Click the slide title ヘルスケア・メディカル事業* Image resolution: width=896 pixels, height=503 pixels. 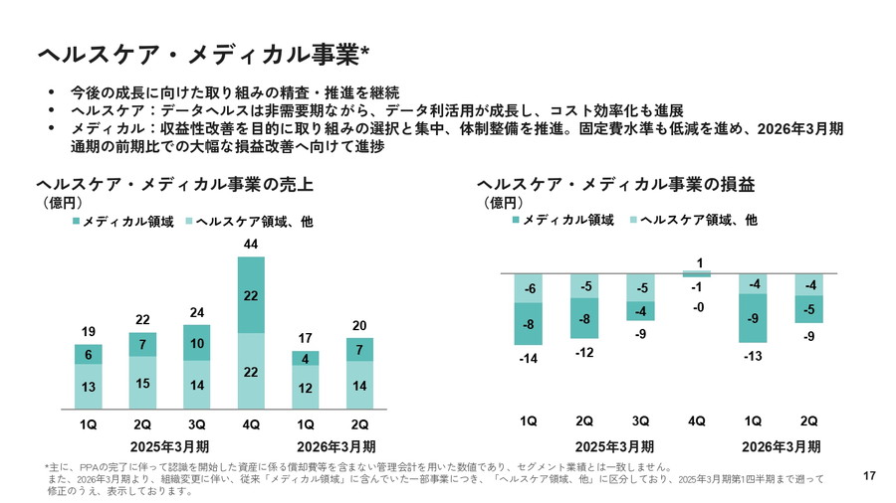tap(203, 52)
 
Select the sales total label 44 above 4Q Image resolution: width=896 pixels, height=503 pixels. tap(251, 245)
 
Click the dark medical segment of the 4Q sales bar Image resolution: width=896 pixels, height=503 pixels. tap(251, 295)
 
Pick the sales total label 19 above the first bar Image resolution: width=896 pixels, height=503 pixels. tap(89, 332)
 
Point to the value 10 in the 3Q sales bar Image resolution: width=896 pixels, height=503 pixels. tap(197, 343)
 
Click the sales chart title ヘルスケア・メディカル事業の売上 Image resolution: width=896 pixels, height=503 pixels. tap(174, 185)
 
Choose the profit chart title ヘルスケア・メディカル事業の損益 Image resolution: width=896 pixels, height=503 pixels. tap(616, 185)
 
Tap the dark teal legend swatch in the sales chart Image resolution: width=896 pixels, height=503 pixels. tap(76, 221)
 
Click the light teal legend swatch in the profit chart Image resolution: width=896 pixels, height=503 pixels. tap(634, 221)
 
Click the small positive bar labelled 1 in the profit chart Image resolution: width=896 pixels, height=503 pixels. tap(697, 273)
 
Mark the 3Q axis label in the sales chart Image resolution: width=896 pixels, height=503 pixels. tap(197, 421)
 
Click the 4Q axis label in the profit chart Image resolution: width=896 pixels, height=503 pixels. tap(697, 421)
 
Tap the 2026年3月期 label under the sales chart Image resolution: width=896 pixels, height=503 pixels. tap(335, 445)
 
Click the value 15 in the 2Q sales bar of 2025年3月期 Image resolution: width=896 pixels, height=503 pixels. tap(142, 382)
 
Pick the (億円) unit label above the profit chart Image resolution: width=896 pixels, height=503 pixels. tap(503, 203)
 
